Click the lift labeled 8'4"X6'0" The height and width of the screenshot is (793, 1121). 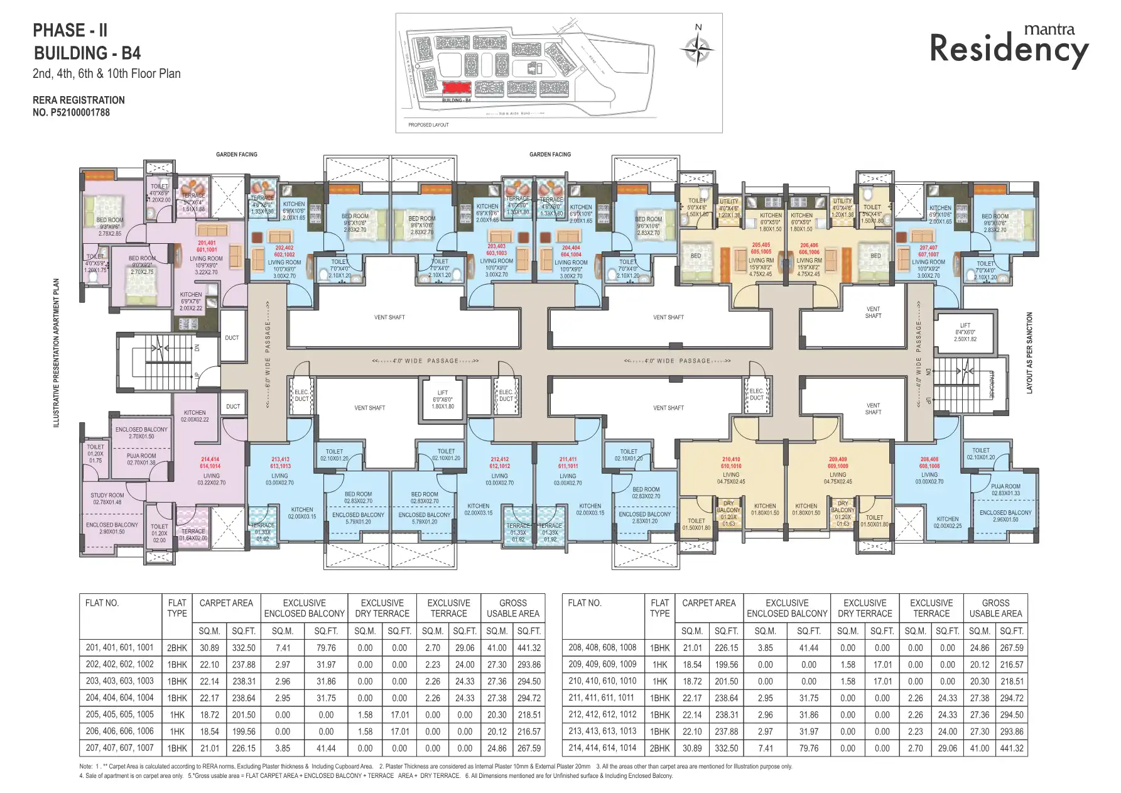pos(965,332)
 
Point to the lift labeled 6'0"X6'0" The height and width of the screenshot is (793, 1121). pos(442,399)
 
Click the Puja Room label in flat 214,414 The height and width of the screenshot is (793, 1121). pos(141,459)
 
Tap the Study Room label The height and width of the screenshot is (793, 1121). pos(107,498)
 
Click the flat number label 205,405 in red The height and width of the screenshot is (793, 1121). pos(761,248)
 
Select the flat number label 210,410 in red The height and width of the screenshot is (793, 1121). pos(730,462)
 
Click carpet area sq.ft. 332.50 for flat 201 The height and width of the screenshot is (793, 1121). pos(244,648)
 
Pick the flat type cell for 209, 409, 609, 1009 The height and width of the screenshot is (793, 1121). pos(659,664)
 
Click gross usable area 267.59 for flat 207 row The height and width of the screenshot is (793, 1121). pos(529,748)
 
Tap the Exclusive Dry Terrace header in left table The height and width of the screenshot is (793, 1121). pos(382,608)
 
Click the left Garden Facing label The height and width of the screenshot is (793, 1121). pos(236,154)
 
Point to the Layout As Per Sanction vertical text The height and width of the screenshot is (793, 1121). pos(1029,353)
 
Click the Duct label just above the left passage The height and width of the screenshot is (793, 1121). pos(232,337)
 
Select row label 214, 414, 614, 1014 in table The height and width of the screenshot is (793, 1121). pos(602,748)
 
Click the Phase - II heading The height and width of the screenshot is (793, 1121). pos(70,30)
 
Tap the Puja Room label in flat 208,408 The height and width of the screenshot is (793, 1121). pos(1005,489)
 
